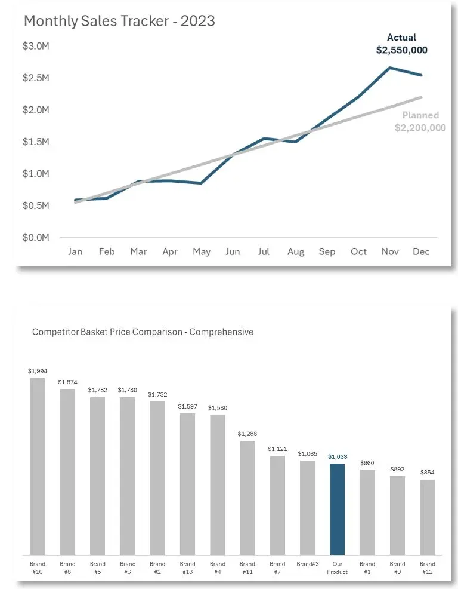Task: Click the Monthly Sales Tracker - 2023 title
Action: (x=119, y=21)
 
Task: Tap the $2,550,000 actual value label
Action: (x=401, y=50)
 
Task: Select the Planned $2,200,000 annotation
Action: (x=420, y=121)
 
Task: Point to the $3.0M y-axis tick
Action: (x=36, y=46)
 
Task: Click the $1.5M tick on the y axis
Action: (x=36, y=142)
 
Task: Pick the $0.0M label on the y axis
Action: (x=36, y=237)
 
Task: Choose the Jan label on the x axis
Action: (x=75, y=251)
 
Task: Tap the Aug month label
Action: (x=295, y=251)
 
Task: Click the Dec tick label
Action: (x=421, y=251)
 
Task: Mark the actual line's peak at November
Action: (x=390, y=68)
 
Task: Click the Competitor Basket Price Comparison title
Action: (x=143, y=332)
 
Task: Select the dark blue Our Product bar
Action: (x=337, y=508)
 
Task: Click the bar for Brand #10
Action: (x=38, y=466)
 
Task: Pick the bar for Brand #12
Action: (x=427, y=517)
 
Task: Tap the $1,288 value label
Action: (x=247, y=433)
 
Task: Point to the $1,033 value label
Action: (x=337, y=456)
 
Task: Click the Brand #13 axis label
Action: (x=187, y=567)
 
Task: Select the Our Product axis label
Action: (x=337, y=567)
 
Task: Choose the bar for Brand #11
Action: (x=247, y=497)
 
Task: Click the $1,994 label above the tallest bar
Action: (x=38, y=371)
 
